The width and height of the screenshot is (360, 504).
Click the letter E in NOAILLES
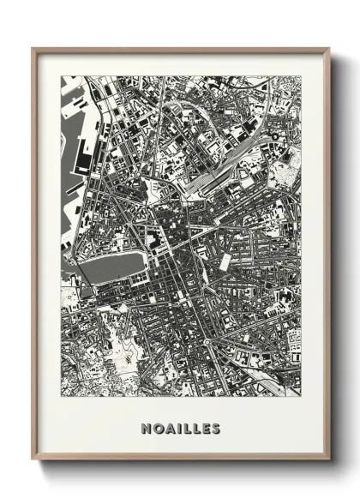coord(204,429)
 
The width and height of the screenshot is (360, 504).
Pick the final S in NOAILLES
coord(215,429)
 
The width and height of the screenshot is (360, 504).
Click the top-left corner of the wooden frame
coord(33,48)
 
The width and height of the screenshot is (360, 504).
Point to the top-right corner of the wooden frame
coord(330,48)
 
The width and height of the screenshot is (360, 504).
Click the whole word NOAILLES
coord(180,429)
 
